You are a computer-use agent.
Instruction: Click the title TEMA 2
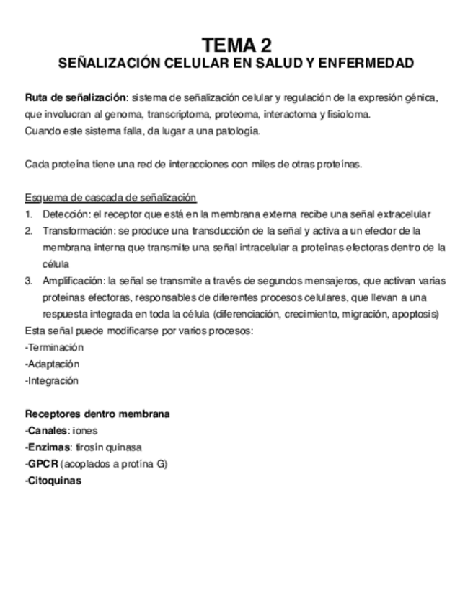(236, 45)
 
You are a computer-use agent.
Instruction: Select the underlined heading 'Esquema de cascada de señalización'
(110, 198)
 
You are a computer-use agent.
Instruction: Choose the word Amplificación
(73, 281)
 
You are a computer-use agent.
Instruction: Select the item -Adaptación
(52, 364)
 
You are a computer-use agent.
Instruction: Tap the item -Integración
(51, 380)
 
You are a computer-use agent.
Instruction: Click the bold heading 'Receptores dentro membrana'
(97, 414)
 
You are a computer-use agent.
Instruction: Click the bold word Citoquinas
(53, 481)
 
